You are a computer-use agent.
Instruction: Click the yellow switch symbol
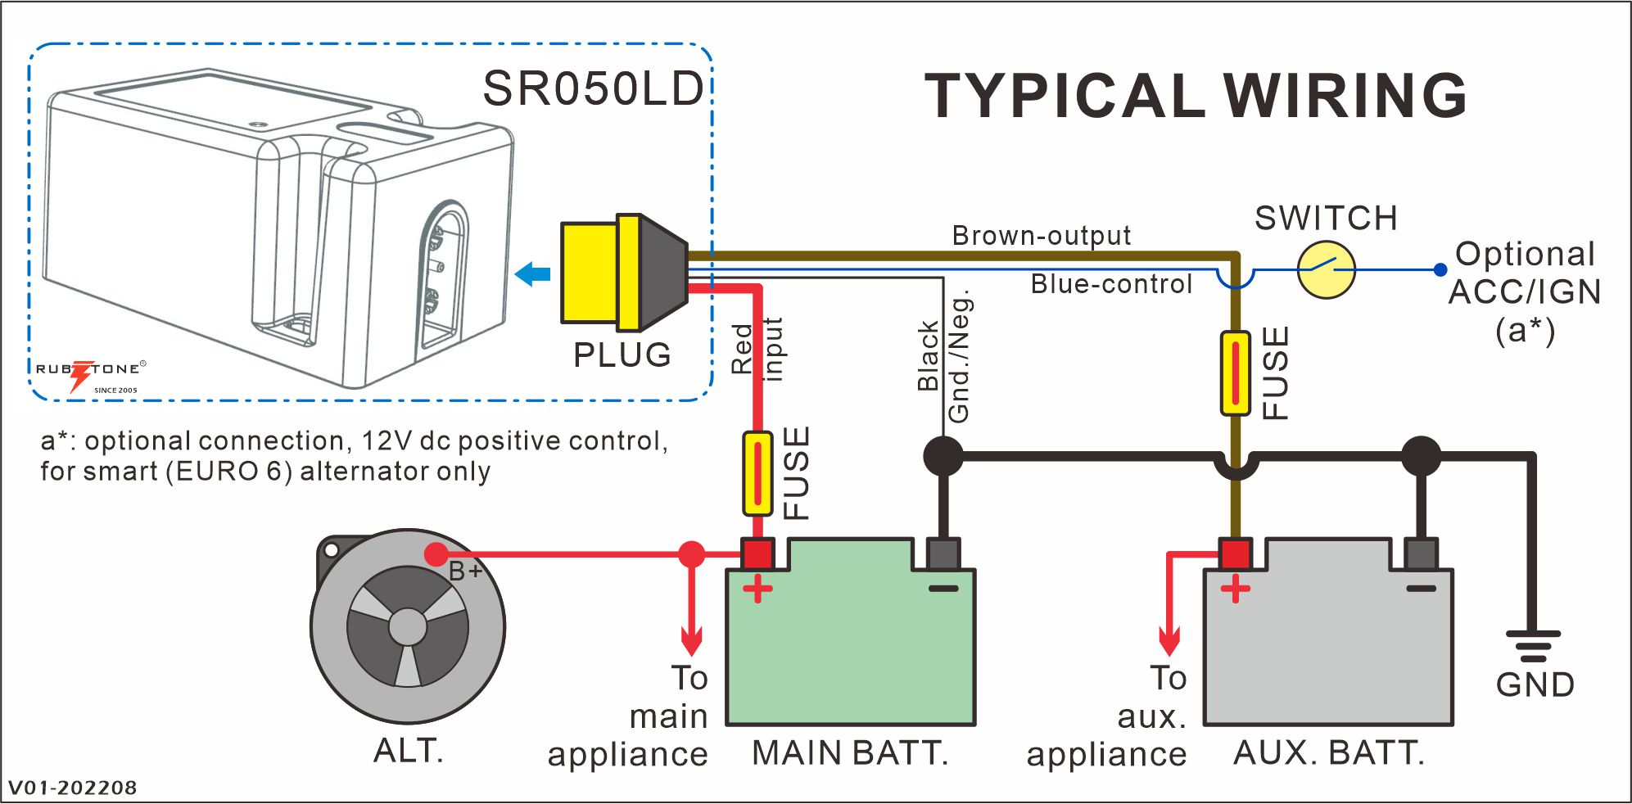pyautogui.click(x=1326, y=269)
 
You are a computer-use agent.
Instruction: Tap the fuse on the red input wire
pyautogui.click(x=757, y=473)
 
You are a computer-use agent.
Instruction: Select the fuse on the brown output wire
pyautogui.click(x=1235, y=373)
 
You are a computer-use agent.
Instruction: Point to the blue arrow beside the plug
pyautogui.click(x=533, y=273)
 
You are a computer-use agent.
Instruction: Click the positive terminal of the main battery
pyautogui.click(x=757, y=554)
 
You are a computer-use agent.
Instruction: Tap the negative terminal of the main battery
pyautogui.click(x=943, y=554)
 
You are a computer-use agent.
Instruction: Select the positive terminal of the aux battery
pyautogui.click(x=1235, y=554)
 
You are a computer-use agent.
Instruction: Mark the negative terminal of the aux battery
pyautogui.click(x=1421, y=554)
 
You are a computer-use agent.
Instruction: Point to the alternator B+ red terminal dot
pyautogui.click(x=436, y=554)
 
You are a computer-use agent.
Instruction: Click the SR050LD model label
pyautogui.click(x=593, y=88)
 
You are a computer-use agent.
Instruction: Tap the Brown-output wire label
pyautogui.click(x=1041, y=236)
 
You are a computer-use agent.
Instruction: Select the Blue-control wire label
pyautogui.click(x=1111, y=284)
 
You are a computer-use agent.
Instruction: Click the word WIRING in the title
pyautogui.click(x=1345, y=96)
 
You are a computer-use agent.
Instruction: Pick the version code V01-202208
pyautogui.click(x=73, y=788)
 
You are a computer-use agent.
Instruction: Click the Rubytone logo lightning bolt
pyautogui.click(x=80, y=374)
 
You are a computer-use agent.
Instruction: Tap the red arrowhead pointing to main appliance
pyautogui.click(x=692, y=642)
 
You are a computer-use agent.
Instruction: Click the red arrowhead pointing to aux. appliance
pyautogui.click(x=1169, y=642)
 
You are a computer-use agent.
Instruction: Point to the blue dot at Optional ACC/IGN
pyautogui.click(x=1440, y=269)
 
